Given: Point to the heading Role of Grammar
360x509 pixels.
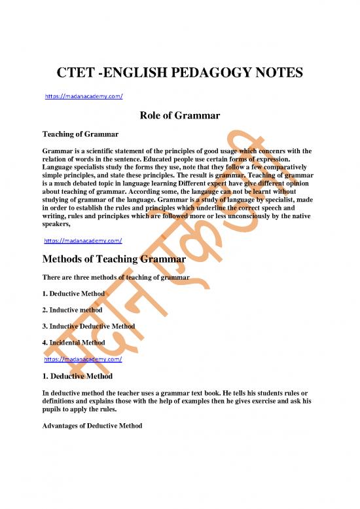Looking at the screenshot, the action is coord(180,117).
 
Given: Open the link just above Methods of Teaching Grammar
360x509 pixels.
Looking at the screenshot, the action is coord(83,240).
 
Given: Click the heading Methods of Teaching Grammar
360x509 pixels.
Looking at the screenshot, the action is coord(115,259).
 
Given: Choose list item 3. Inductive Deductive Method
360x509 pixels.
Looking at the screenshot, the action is coord(88,326).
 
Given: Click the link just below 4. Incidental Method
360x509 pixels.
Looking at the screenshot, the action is coord(83,360).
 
